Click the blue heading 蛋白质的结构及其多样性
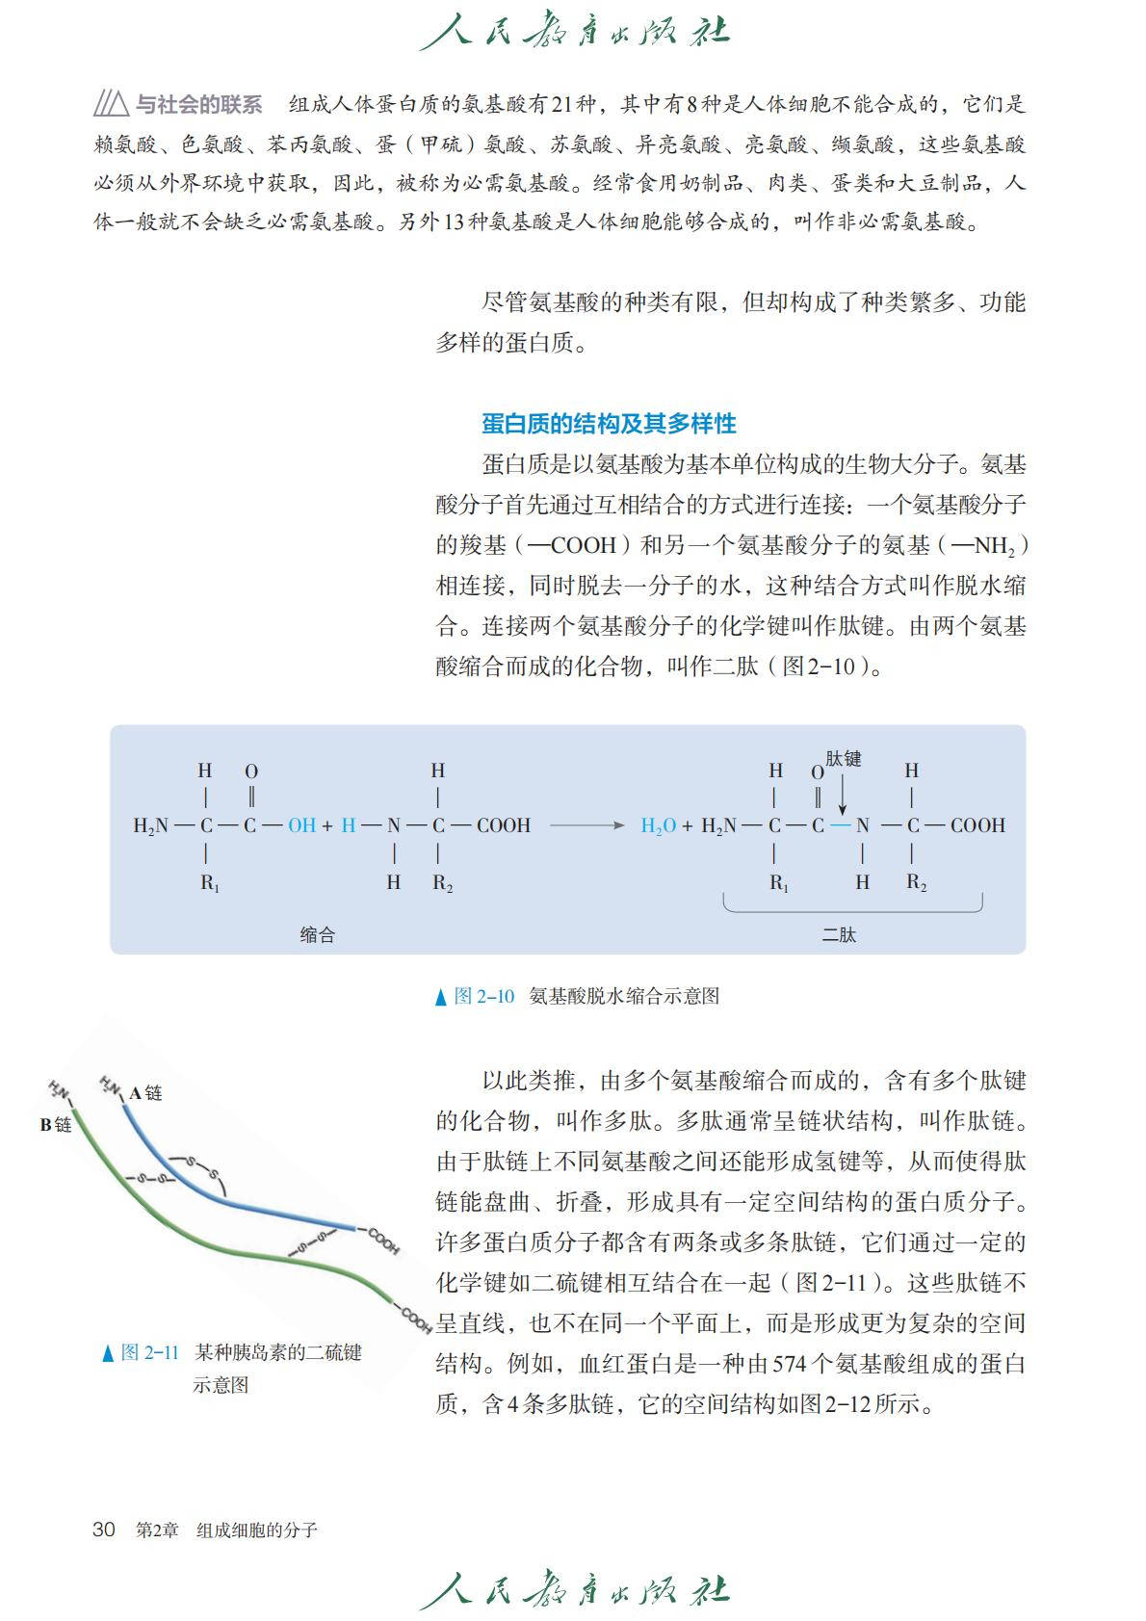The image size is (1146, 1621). (x=609, y=424)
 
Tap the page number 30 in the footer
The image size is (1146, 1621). (x=104, y=1529)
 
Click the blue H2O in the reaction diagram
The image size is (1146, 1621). (x=658, y=825)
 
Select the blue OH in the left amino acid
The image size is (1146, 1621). (x=301, y=825)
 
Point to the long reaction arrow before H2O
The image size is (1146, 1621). (x=586, y=825)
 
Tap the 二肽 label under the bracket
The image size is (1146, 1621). (x=839, y=934)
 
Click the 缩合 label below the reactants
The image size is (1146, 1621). (x=317, y=934)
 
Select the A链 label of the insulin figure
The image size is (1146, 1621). (x=146, y=1092)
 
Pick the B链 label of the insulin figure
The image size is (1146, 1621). (x=56, y=1124)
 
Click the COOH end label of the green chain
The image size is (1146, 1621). (x=416, y=1319)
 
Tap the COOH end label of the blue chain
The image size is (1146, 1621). (x=383, y=1242)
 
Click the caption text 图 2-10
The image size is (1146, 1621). (x=484, y=996)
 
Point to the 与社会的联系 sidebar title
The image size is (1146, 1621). (x=199, y=104)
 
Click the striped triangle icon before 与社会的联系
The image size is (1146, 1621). (x=111, y=103)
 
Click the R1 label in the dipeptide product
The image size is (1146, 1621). (x=778, y=882)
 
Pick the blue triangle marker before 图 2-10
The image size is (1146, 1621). (x=441, y=997)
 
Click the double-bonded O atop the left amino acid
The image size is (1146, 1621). (x=251, y=771)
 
